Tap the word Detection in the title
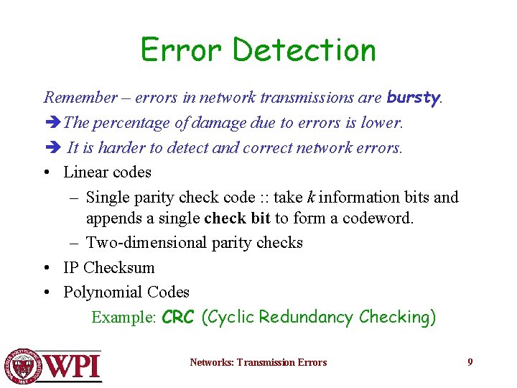coord(304,50)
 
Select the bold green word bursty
coord(413,97)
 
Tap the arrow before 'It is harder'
coord(52,148)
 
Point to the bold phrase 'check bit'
coord(238,218)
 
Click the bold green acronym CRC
coord(178,318)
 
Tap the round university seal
coord(24,366)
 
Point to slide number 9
coord(470,362)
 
